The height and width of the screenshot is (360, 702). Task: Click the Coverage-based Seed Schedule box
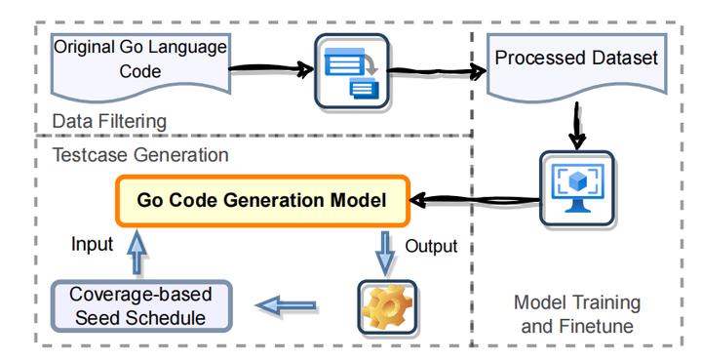tap(140, 305)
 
